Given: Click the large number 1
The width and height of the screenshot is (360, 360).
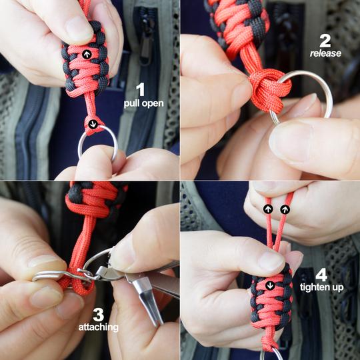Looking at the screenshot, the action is pyautogui.click(x=141, y=89).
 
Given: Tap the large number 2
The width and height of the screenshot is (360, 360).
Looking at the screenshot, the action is pyautogui.click(x=325, y=41).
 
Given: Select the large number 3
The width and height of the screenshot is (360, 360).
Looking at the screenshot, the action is pyautogui.click(x=99, y=315).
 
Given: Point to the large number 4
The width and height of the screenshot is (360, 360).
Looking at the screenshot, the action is pyautogui.click(x=321, y=275).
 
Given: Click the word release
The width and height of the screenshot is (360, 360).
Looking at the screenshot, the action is pyautogui.click(x=325, y=53).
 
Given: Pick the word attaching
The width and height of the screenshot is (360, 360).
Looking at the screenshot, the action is pyautogui.click(x=99, y=327).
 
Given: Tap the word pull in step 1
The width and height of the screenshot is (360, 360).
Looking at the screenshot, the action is pyautogui.click(x=132, y=103).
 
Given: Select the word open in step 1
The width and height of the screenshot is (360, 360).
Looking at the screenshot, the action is pyautogui.click(x=153, y=104).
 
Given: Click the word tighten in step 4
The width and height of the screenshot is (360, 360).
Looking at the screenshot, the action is pyautogui.click(x=314, y=287).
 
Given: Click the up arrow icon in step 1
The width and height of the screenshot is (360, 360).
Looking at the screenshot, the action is pyautogui.click(x=87, y=55).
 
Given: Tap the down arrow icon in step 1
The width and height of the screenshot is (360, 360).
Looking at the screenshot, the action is pyautogui.click(x=93, y=124).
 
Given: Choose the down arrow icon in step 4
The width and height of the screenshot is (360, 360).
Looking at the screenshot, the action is pyautogui.click(x=270, y=285).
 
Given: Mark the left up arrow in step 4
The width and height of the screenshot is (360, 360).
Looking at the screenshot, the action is pyautogui.click(x=268, y=209).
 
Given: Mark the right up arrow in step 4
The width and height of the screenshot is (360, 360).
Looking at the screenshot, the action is pyautogui.click(x=285, y=209).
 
